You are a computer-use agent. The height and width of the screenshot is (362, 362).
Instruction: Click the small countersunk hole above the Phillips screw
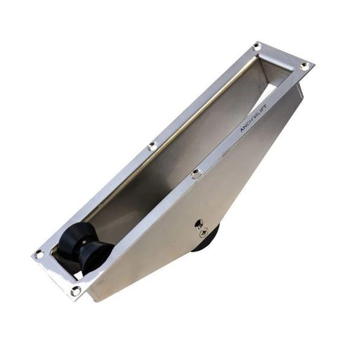tap(197, 223)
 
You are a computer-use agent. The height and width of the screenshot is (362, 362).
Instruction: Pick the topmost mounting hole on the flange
tap(256, 46)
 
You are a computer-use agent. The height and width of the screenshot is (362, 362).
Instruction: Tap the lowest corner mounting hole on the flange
tap(75, 291)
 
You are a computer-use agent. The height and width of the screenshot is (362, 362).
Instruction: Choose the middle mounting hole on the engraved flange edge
tap(195, 174)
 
